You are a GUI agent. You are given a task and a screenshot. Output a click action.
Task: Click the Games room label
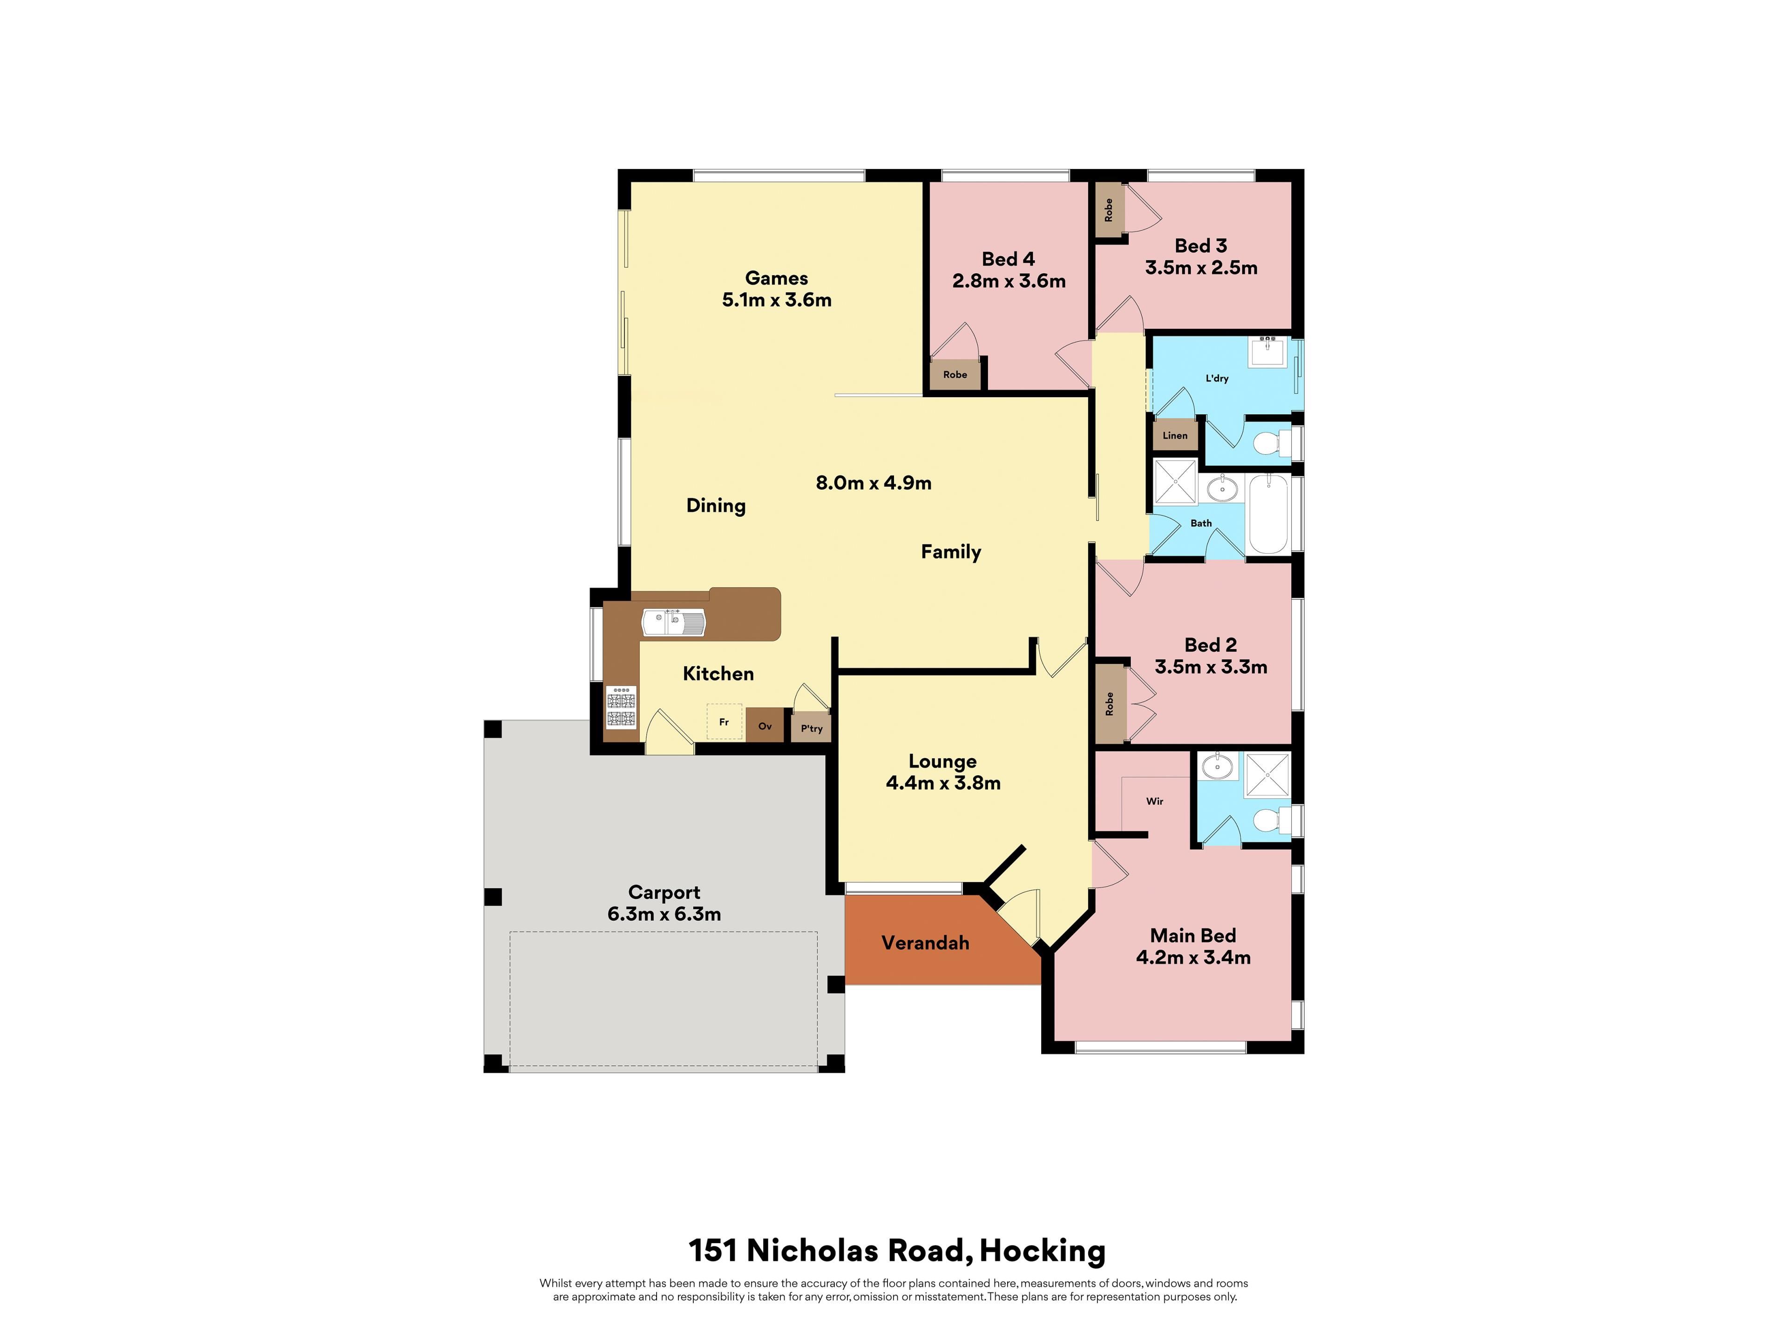click(776, 278)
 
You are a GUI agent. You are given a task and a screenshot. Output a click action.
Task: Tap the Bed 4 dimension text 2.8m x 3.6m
click(1009, 281)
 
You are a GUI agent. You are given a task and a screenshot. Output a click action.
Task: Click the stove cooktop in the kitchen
click(621, 707)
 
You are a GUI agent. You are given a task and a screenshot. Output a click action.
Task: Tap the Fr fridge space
click(724, 721)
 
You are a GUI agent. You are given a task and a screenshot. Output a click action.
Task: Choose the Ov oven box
click(765, 725)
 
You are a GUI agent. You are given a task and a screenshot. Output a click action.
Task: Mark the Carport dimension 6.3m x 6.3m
click(664, 914)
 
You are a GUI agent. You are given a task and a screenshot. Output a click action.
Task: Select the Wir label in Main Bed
click(1154, 801)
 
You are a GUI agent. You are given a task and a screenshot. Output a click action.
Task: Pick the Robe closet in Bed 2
click(1110, 703)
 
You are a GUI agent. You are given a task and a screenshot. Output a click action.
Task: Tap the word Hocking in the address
click(1042, 1251)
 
